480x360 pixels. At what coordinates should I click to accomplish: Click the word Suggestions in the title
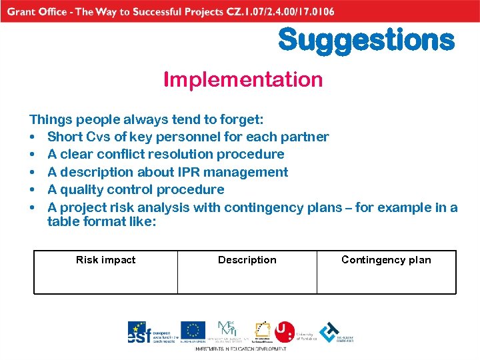(366, 40)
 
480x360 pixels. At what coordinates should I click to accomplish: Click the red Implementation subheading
(243, 80)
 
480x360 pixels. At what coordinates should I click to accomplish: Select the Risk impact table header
(105, 260)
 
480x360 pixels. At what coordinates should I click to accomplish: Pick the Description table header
(247, 260)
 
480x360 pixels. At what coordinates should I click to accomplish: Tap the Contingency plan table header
(386, 260)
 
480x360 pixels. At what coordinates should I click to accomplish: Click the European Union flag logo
(193, 331)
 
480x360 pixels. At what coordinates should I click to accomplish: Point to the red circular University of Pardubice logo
(285, 331)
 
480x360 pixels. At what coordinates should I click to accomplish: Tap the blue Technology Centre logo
(329, 331)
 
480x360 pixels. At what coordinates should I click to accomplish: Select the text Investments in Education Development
(240, 349)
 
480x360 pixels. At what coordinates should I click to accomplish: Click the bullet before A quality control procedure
(33, 190)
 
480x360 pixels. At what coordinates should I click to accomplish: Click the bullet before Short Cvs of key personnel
(33, 137)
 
